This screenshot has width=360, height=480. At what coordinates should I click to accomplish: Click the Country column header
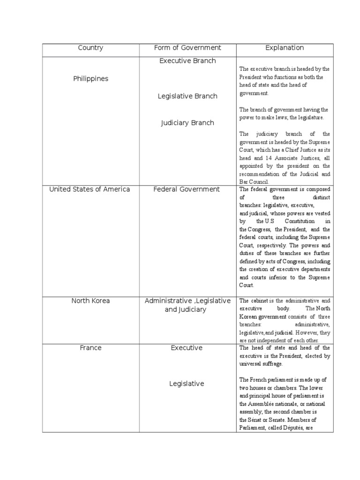point(90,48)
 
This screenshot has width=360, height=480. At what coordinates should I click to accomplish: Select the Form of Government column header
point(187,48)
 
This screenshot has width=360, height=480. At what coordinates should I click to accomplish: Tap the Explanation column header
point(285,48)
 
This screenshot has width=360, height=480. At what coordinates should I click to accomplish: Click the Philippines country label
point(90,79)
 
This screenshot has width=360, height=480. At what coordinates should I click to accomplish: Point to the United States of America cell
point(90,189)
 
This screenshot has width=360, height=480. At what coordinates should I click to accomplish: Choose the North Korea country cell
point(90,301)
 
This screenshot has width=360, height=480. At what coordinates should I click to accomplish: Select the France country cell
point(90,348)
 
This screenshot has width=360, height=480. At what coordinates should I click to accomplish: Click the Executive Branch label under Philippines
point(187,61)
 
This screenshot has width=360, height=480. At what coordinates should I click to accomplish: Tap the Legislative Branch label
point(187,96)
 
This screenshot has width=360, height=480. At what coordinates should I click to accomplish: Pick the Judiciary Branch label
point(187,123)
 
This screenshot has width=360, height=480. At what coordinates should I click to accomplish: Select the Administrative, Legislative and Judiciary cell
point(187,305)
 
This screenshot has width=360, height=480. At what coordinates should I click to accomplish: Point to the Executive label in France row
point(187,348)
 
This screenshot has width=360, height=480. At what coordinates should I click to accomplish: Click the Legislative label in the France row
point(187,383)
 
